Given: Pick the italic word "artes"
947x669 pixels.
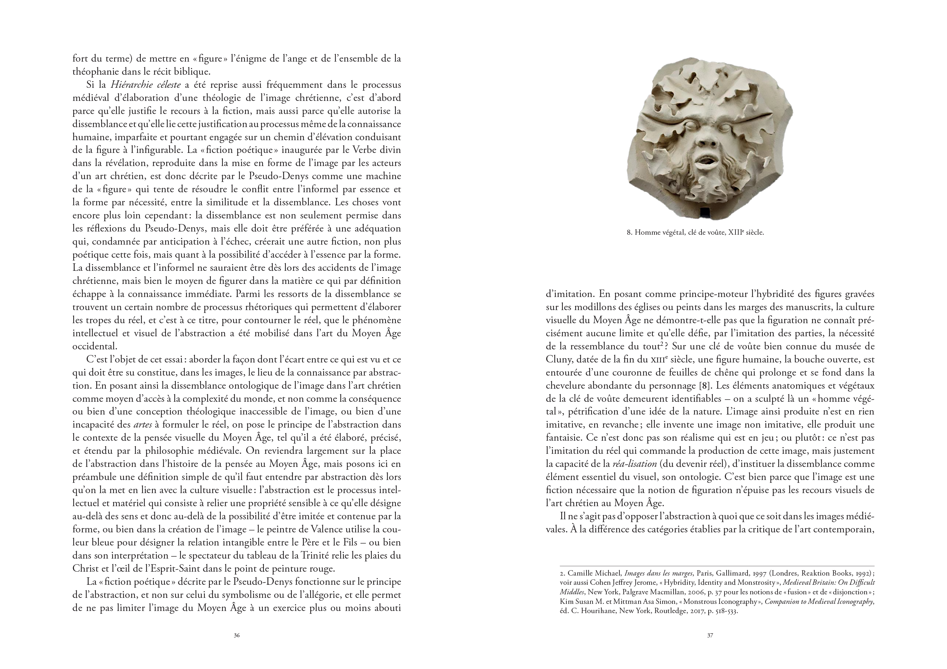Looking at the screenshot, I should pyautogui.click(x=143, y=424).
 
